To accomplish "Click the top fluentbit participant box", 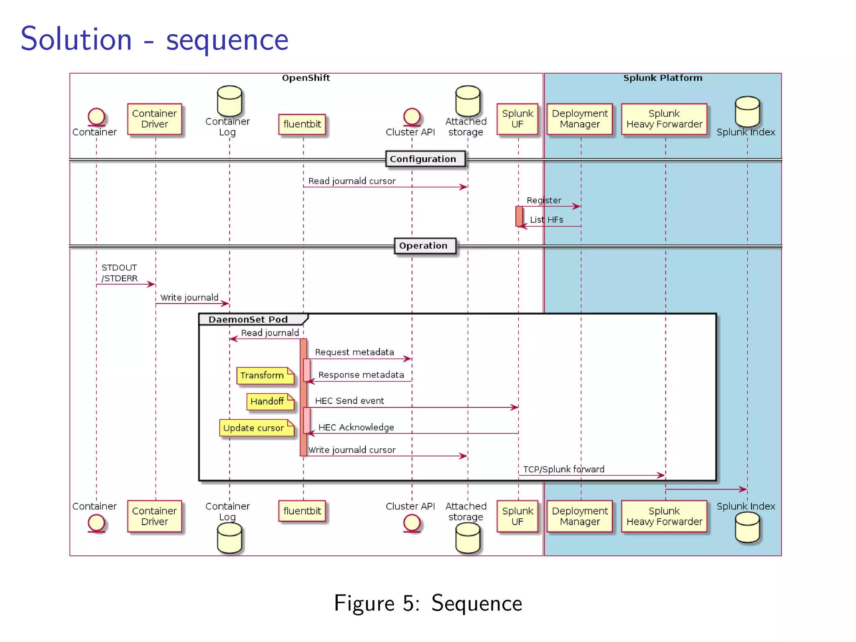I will tap(302, 124).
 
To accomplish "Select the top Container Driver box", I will tap(154, 119).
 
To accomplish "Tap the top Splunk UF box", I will tap(517, 119).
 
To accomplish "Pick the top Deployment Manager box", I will tap(579, 119).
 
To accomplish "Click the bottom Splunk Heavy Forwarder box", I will tap(664, 516).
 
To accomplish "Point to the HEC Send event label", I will tap(349, 400).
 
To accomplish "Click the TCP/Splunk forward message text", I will tap(563, 469).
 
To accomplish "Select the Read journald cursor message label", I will tap(352, 181).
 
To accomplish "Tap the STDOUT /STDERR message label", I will tap(120, 273).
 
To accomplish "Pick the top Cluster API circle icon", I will tap(412, 116).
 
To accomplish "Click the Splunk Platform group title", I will tap(662, 78).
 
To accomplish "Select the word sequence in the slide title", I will tap(227, 40).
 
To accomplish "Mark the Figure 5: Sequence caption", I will tap(428, 603).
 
